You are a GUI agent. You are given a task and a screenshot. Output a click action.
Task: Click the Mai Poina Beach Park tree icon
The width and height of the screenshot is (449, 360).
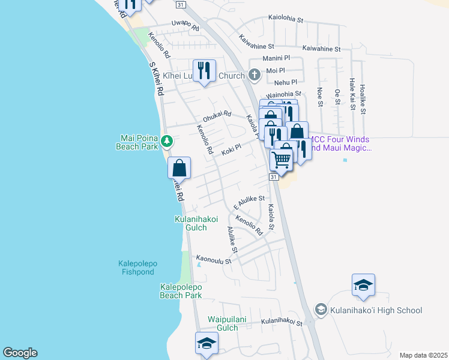(x=167, y=142)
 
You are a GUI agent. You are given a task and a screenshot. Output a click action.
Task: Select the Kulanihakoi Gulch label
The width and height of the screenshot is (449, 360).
(x=200, y=224)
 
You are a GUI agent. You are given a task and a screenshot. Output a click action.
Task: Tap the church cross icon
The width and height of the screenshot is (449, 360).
(x=254, y=76)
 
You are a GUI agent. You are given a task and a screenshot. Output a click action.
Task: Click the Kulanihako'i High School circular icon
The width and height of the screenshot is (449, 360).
(x=321, y=310)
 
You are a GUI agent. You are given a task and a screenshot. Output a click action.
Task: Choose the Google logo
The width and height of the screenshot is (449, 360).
(x=20, y=353)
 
